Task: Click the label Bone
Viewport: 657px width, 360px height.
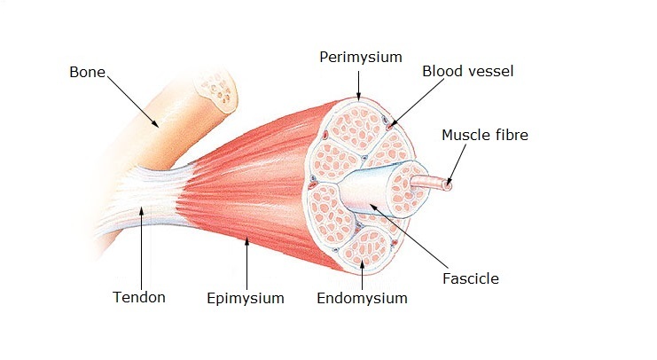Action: coord(87,72)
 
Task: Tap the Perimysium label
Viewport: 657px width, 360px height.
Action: coord(361,57)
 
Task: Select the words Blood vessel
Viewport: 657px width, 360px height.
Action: coord(467,71)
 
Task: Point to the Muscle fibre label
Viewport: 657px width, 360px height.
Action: coord(485,135)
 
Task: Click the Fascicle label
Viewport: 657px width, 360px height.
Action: coord(471,278)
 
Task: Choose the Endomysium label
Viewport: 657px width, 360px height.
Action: coord(362,299)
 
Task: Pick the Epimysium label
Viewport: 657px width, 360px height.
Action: coord(246,299)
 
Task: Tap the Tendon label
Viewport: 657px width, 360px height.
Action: coord(139,297)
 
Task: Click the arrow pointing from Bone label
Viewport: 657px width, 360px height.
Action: coord(133,101)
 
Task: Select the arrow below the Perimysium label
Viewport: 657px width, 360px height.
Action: coord(359,86)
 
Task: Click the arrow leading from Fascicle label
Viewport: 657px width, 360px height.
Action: coord(410,237)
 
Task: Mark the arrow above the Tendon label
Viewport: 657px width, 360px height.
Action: coord(142,248)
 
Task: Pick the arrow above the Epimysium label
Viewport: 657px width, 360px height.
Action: coord(246,263)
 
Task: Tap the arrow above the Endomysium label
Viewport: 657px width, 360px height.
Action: coord(362,275)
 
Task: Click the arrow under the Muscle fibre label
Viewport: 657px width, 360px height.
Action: coord(457,165)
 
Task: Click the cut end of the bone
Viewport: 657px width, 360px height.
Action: coord(217,91)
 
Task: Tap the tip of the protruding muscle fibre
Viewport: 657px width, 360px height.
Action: coord(448,184)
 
